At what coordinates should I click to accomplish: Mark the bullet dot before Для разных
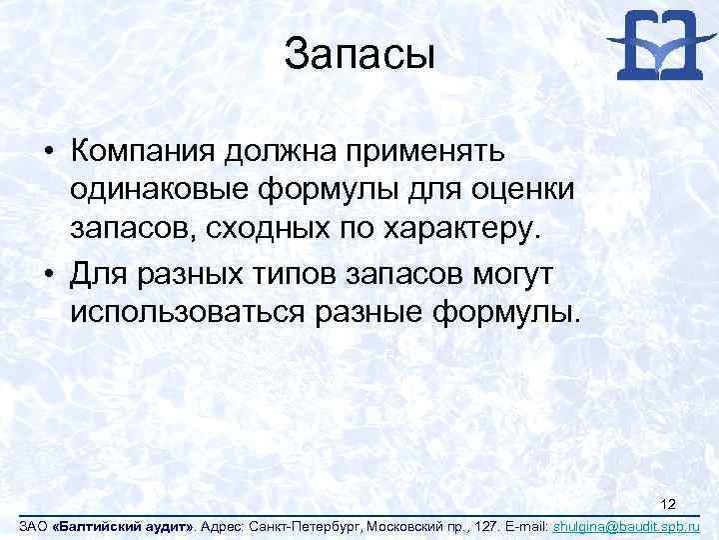[48, 273]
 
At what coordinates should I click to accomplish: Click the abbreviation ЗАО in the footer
[20, 526]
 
